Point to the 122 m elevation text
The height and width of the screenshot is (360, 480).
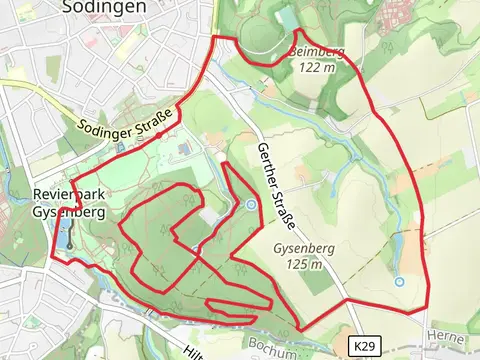(319, 68)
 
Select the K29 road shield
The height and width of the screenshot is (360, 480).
(363, 345)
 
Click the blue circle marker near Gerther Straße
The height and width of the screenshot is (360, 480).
(251, 205)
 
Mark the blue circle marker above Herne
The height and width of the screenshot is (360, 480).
(399, 282)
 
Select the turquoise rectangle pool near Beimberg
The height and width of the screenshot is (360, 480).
(288, 17)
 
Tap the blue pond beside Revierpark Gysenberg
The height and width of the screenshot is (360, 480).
(64, 238)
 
